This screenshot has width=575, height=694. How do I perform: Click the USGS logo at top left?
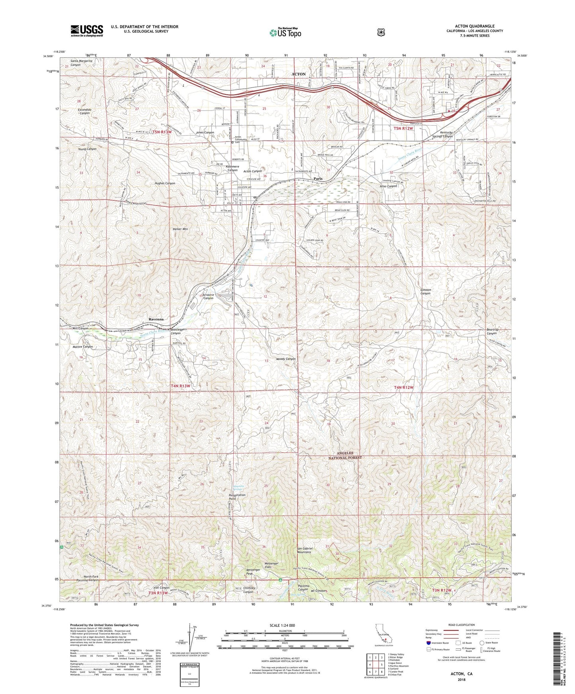tap(87, 31)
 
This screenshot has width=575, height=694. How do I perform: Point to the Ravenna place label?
tap(156, 319)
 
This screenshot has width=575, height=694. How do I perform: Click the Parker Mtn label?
tap(180, 229)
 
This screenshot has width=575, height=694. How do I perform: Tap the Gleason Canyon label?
tap(425, 291)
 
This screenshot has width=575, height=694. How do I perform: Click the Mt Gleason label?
tap(318, 591)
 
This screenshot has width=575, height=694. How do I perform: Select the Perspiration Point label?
tap(238, 497)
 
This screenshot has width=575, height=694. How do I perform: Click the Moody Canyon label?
tap(286, 359)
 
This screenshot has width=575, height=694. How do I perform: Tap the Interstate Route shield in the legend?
tap(428, 642)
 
